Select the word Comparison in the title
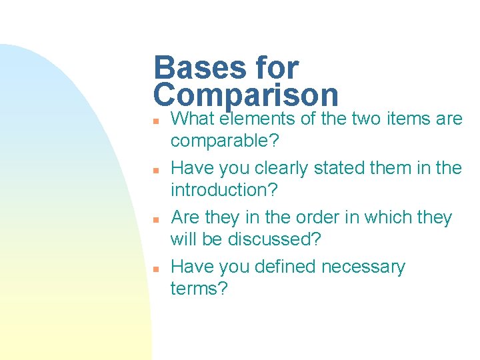[x=246, y=95]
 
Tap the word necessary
[x=363, y=267]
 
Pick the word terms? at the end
[x=199, y=289]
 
